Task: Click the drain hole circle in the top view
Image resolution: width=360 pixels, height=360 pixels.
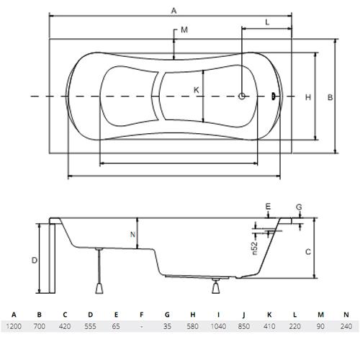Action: (242, 96)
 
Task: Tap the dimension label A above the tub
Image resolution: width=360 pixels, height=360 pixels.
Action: (174, 11)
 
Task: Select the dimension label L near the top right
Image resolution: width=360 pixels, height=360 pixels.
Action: (267, 22)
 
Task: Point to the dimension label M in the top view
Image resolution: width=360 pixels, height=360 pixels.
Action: (184, 30)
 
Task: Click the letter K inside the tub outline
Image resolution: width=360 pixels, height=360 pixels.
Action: (197, 90)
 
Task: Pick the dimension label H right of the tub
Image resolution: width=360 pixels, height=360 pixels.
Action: (308, 97)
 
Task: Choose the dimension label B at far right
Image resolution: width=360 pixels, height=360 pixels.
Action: (330, 97)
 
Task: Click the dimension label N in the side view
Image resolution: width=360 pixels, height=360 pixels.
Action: (132, 235)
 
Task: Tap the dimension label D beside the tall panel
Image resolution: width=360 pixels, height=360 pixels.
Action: (35, 260)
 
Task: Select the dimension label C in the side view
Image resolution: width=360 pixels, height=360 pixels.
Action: (308, 252)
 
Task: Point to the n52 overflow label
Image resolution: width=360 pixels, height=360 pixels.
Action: (255, 248)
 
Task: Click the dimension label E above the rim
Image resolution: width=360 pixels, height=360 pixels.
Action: (268, 207)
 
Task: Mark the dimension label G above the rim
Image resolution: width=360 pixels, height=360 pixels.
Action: (299, 207)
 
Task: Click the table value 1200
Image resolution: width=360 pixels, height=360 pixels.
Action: (14, 326)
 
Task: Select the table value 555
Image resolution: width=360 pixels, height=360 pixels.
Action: (90, 326)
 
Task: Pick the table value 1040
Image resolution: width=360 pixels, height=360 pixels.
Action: (218, 326)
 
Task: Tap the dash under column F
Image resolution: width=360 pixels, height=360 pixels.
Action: (142, 327)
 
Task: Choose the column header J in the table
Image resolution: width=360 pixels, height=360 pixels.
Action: (244, 315)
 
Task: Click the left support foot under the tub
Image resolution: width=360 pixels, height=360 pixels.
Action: (99, 288)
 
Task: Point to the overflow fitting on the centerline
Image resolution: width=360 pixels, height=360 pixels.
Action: (273, 96)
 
